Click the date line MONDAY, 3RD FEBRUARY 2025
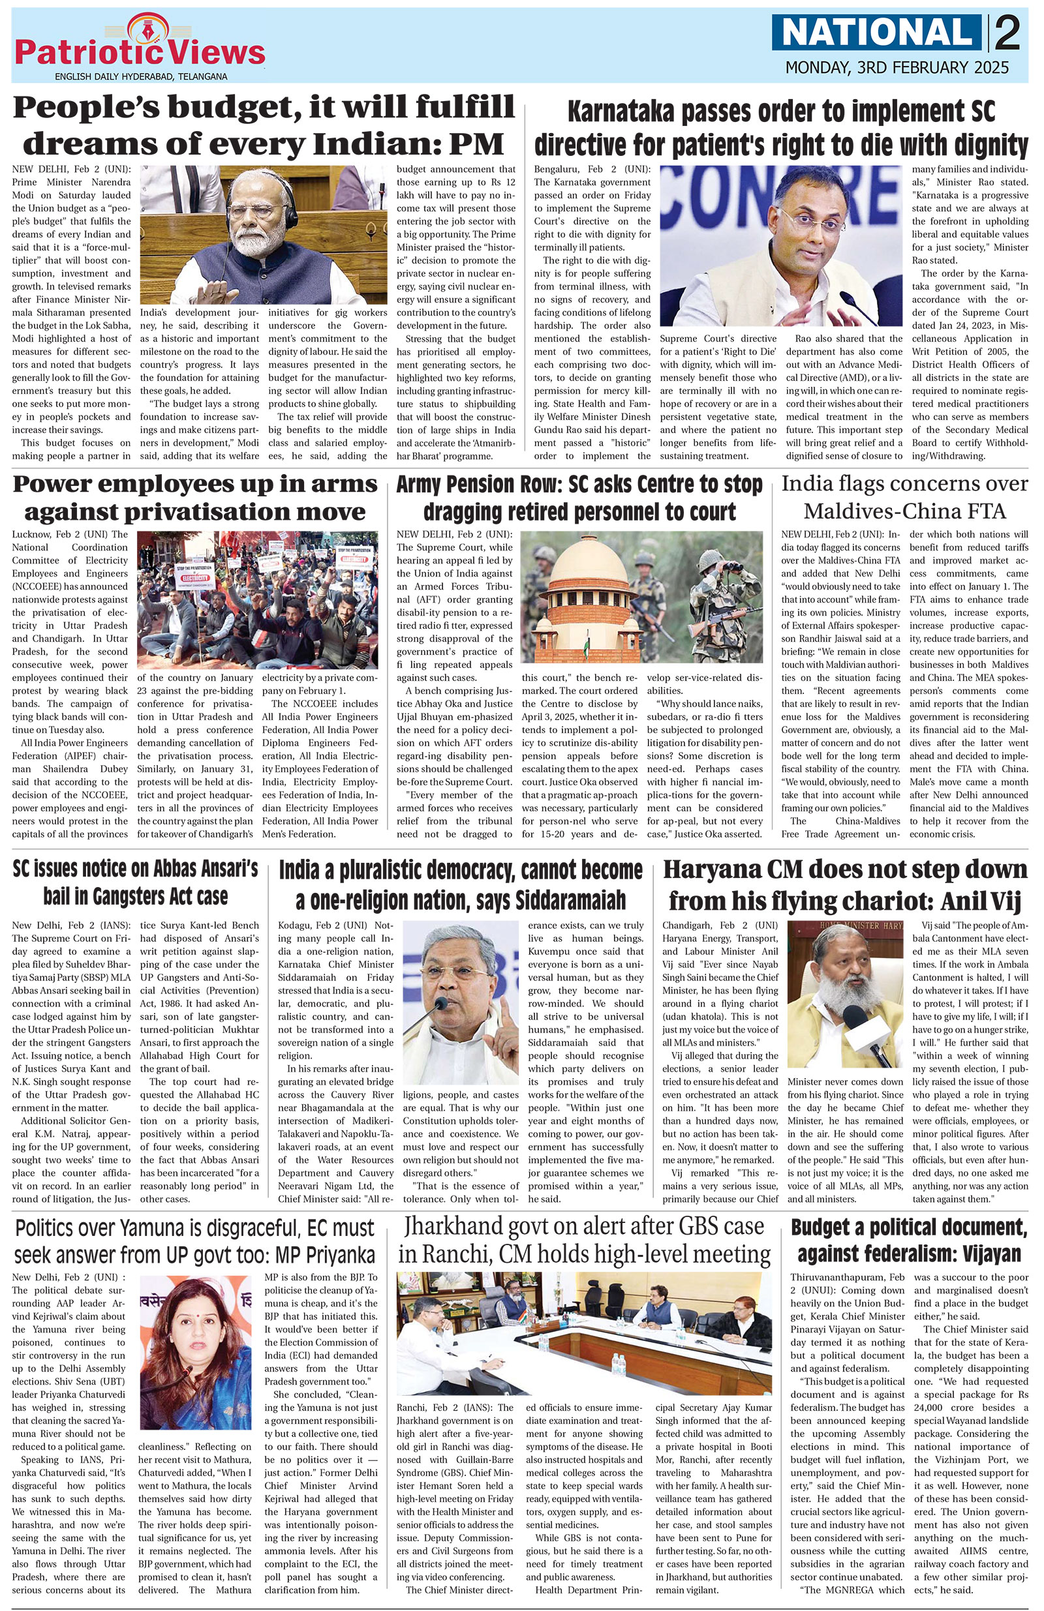[897, 68]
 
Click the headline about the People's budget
[265, 127]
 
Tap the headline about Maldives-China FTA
[904, 497]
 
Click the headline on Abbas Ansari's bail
[136, 882]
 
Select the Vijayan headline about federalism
[908, 1240]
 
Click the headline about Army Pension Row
[579, 498]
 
